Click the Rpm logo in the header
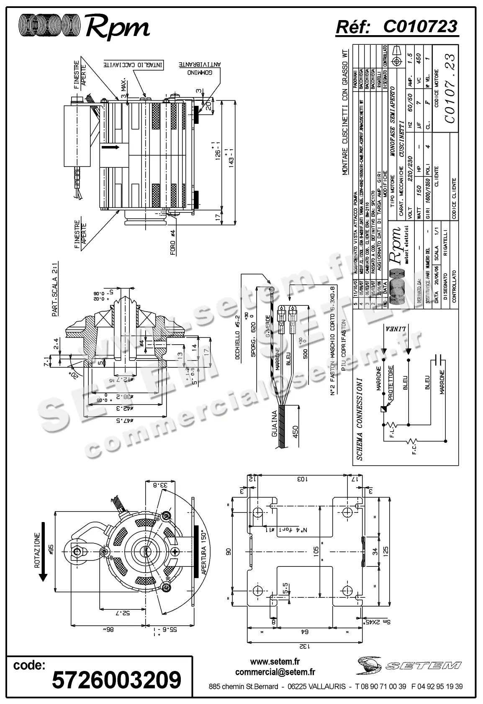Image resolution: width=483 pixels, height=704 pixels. pos(84,26)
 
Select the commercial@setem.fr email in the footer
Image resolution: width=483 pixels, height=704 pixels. pos(275,672)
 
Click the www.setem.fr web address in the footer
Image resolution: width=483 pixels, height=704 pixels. pos(275,662)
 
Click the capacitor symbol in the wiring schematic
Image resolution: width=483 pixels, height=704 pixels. pos(438,360)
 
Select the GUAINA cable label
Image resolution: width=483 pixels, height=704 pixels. pos(275,424)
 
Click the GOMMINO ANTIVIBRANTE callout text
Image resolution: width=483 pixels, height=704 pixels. pos(199,69)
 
